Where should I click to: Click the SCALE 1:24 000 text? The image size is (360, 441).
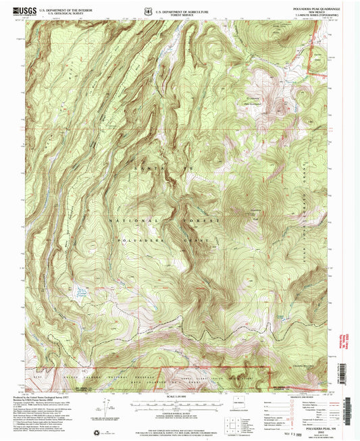click(179, 396)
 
